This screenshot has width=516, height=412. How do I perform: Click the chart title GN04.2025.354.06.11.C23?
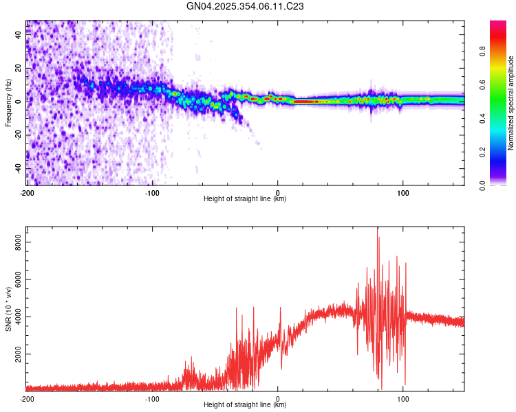coord(246,6)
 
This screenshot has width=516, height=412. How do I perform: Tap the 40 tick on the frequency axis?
coord(18,35)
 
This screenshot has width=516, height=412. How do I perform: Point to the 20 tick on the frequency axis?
coord(18,68)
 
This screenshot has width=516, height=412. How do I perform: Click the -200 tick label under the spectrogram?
coord(27,192)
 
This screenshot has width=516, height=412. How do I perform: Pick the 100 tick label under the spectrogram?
coord(402,192)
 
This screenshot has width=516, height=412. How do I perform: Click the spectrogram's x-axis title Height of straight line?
coord(246,199)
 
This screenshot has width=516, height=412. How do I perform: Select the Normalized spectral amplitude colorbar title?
coord(511,103)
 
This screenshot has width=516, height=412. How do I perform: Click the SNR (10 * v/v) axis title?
coord(8,308)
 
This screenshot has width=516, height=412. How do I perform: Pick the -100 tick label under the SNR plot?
coord(152,398)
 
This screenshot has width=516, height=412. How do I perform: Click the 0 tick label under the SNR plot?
coord(277,398)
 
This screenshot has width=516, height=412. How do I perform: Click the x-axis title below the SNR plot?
coord(246,405)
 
